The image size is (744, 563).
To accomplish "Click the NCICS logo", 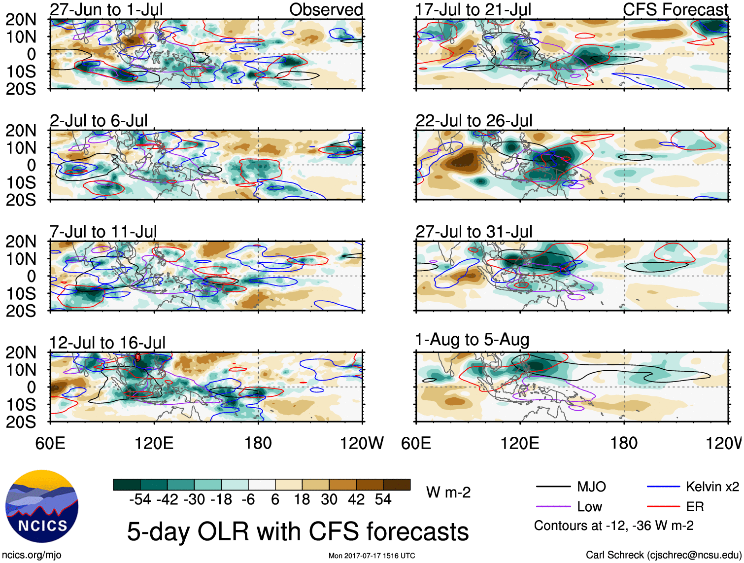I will (x=42, y=506).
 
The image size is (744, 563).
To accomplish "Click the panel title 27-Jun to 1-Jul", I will (x=106, y=9).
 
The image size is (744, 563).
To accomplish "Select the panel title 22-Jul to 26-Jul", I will (x=473, y=121).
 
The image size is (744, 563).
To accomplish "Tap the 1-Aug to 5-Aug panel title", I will (x=472, y=340).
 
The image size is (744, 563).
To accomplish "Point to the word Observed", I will (x=326, y=9).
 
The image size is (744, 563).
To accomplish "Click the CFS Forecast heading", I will (x=675, y=9).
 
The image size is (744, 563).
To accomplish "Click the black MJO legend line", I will (x=553, y=487).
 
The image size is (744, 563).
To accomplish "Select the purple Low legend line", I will (x=553, y=507).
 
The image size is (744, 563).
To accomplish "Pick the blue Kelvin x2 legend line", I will (x=663, y=487).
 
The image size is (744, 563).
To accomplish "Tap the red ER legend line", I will (x=663, y=507).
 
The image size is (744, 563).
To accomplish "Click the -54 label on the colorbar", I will (x=140, y=499).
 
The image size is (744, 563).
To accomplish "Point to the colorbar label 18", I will (x=302, y=499).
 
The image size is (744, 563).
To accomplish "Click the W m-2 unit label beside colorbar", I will (x=448, y=492).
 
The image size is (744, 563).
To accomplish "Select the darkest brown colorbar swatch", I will (x=397, y=485).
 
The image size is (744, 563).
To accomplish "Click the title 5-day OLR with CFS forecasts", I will (x=298, y=532).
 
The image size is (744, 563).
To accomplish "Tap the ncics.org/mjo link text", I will (x=32, y=555).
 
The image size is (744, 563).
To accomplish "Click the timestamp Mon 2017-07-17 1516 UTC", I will (x=372, y=556).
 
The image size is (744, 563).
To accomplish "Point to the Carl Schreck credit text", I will (x=663, y=555).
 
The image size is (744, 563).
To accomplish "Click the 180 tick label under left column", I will (x=258, y=443).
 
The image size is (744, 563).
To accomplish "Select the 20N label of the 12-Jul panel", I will (x=21, y=352).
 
